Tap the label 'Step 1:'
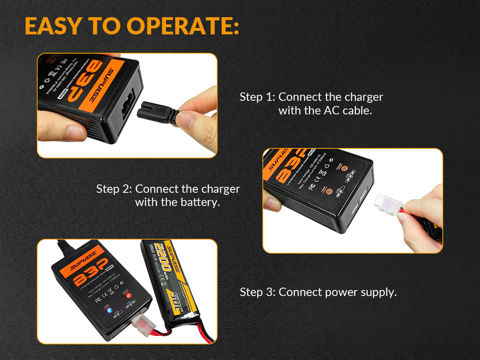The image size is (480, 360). [x=257, y=97]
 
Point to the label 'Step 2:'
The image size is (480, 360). [x=114, y=189]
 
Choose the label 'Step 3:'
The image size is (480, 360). [x=257, y=292]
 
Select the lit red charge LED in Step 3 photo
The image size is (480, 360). [x=128, y=295]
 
